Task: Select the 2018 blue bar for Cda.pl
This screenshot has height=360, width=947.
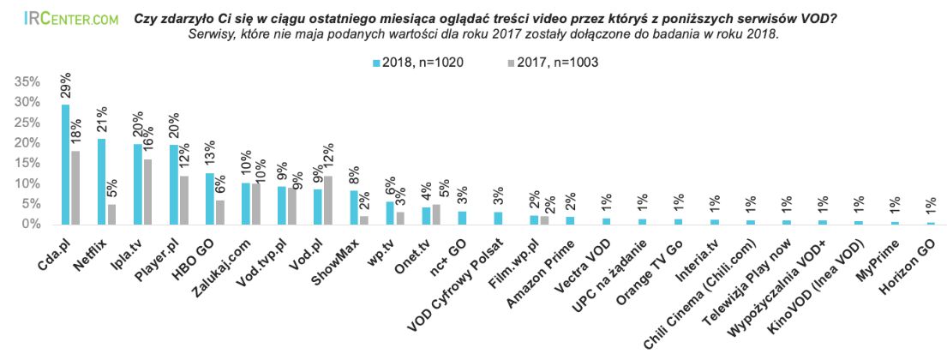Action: click(x=65, y=164)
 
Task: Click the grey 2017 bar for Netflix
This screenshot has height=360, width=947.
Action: click(x=111, y=213)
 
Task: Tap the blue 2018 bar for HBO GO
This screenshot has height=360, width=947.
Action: click(x=210, y=198)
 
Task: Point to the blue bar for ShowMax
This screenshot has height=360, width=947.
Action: click(x=354, y=207)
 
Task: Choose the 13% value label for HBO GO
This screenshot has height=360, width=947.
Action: click(x=210, y=157)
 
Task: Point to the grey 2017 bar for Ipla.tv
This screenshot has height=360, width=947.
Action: click(x=147, y=191)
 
